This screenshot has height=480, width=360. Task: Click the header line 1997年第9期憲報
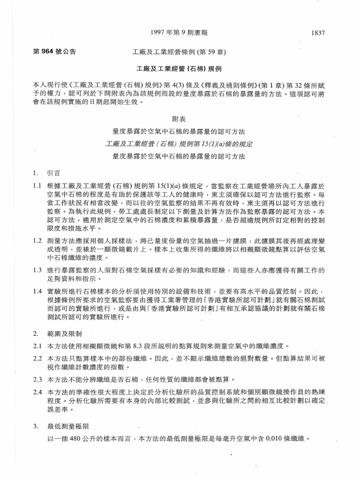[180, 32]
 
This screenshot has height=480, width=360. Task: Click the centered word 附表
[180, 120]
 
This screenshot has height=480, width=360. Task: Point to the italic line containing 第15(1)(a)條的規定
[180, 143]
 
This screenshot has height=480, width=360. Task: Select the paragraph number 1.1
[37, 186]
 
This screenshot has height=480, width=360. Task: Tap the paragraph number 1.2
[37, 241]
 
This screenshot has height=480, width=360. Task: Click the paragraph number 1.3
[37, 270]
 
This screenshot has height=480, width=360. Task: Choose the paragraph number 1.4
[37, 292]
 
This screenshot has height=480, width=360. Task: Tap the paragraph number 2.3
[37, 378]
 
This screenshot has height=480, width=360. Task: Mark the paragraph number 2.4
[37, 391]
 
